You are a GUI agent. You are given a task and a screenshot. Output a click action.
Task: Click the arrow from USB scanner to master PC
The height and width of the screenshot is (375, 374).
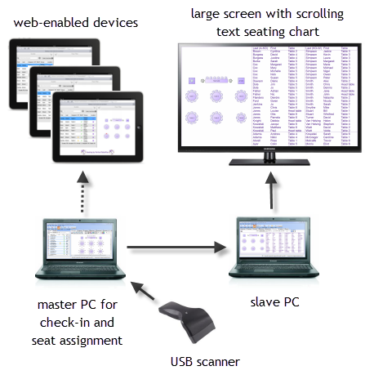pyautogui.click(x=145, y=291)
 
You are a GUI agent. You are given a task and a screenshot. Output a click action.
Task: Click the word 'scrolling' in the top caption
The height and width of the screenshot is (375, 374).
pyautogui.click(x=314, y=14)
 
